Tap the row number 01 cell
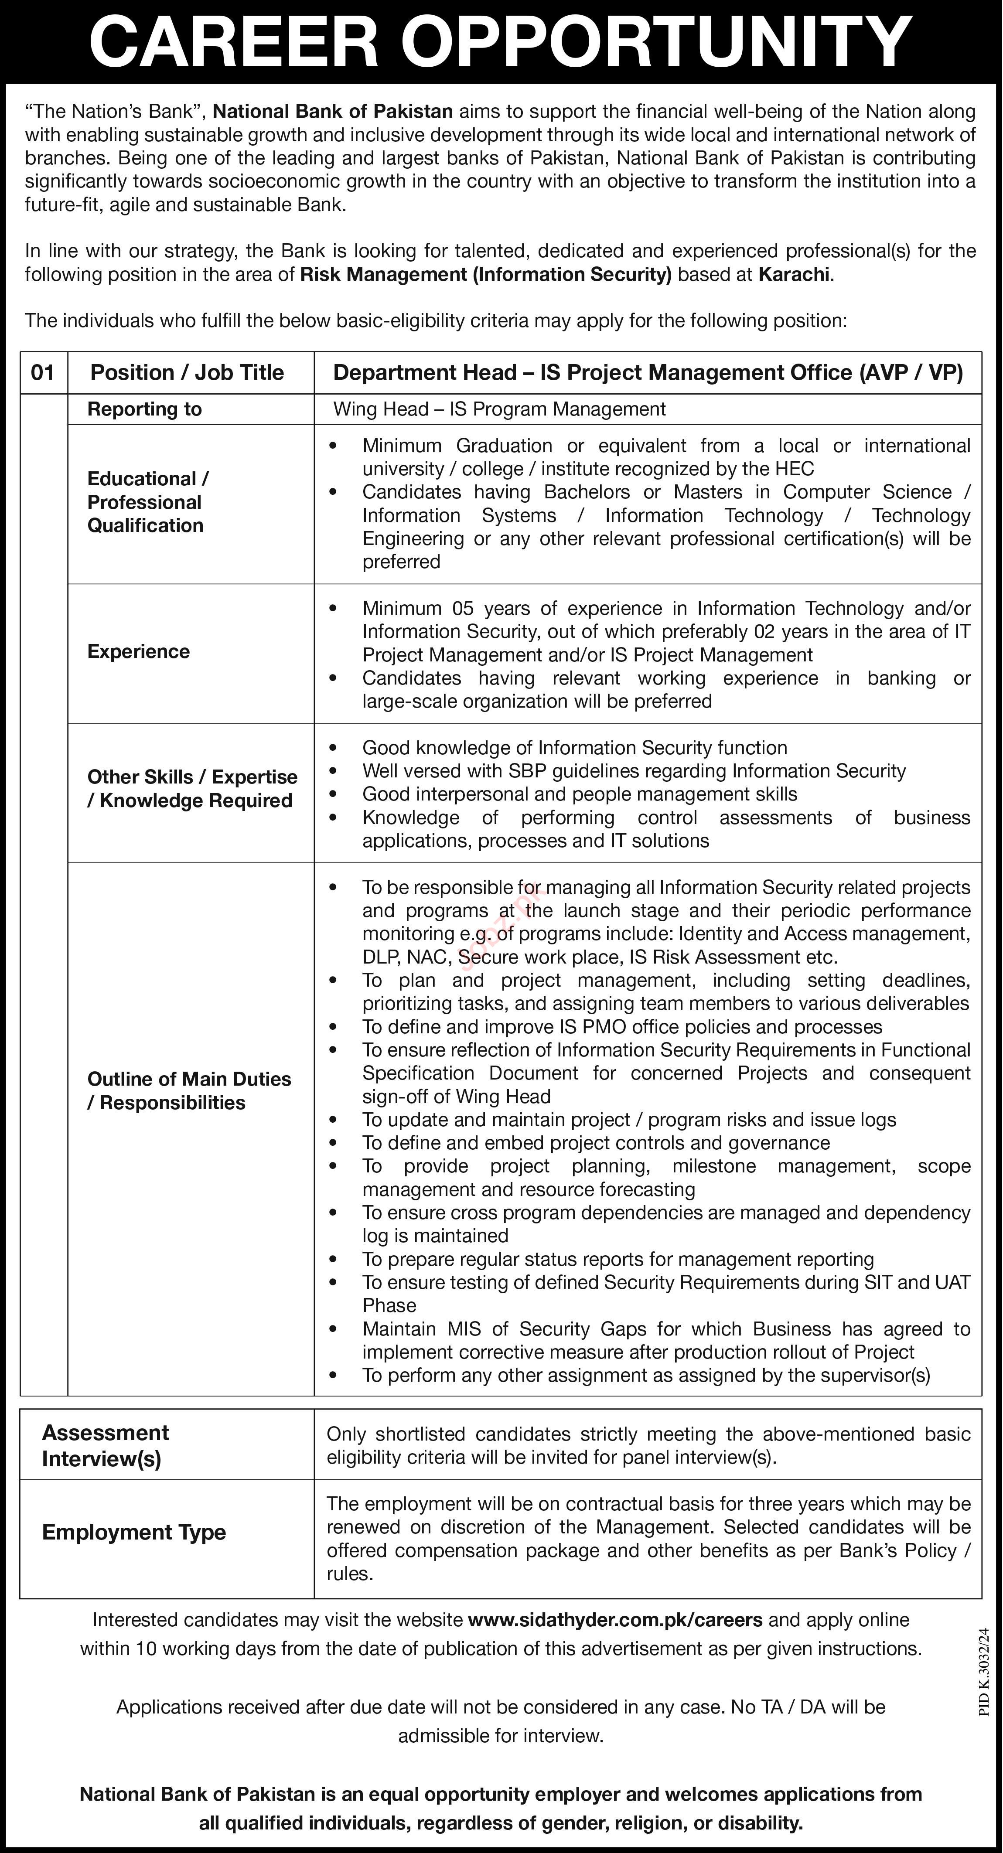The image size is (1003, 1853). [43, 373]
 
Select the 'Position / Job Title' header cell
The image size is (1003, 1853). [187, 373]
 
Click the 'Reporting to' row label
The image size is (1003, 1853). [145, 409]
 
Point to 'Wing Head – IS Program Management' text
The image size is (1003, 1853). [499, 409]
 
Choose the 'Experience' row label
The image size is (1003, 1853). [139, 652]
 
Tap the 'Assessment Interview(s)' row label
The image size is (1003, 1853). [105, 1447]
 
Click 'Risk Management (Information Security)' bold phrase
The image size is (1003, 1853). [486, 274]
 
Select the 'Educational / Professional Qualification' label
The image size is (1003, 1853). [147, 502]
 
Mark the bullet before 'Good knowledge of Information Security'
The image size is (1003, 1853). [332, 748]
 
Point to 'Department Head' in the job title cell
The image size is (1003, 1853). [424, 373]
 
